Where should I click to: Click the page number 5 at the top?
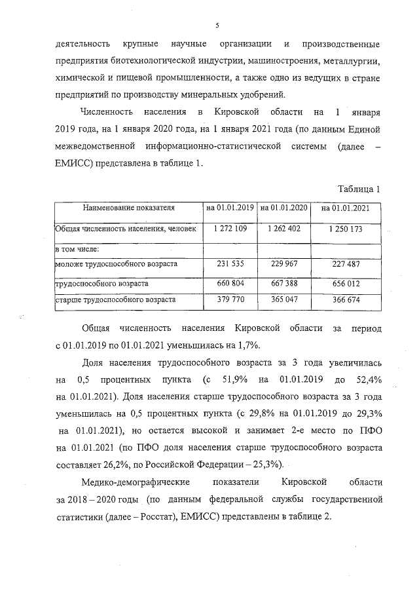pos(216,26)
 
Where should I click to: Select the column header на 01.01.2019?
pos(230,208)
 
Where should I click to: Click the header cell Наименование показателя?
pos(129,208)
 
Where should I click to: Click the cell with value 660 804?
pos(230,283)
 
